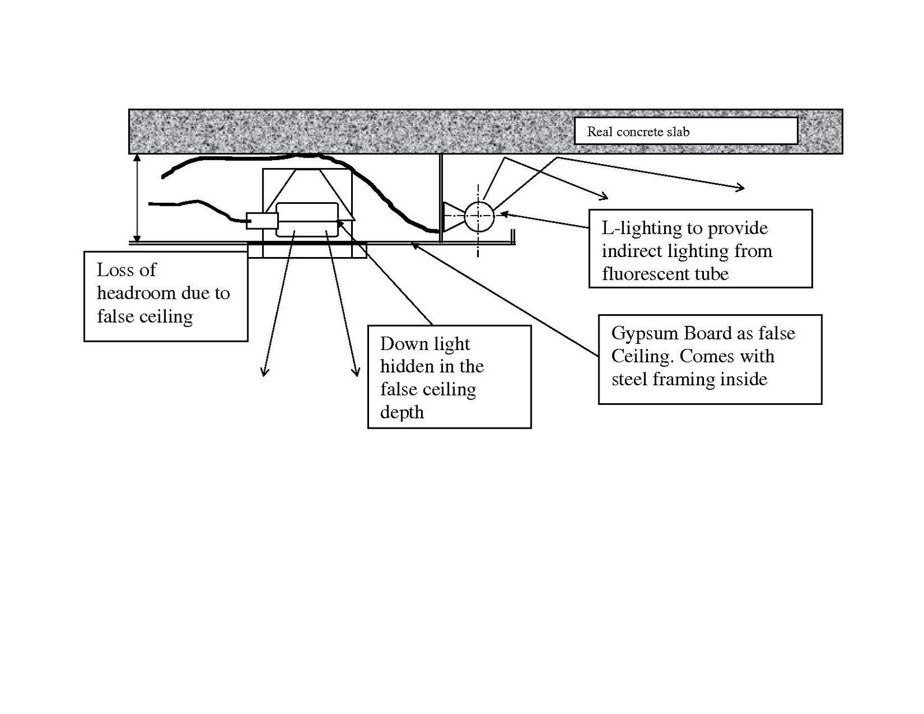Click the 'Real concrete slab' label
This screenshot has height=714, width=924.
pos(638,132)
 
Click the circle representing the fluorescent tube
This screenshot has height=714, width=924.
pos(479,215)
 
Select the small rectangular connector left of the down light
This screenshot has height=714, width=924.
pos(262,221)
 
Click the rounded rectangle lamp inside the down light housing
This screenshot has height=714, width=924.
pos(307,219)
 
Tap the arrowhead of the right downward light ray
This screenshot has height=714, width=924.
pos(356,372)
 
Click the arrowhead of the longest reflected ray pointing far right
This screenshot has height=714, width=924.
pos(740,187)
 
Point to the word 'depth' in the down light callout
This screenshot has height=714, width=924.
pos(401,412)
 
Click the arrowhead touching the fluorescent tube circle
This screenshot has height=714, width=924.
pos(502,214)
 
